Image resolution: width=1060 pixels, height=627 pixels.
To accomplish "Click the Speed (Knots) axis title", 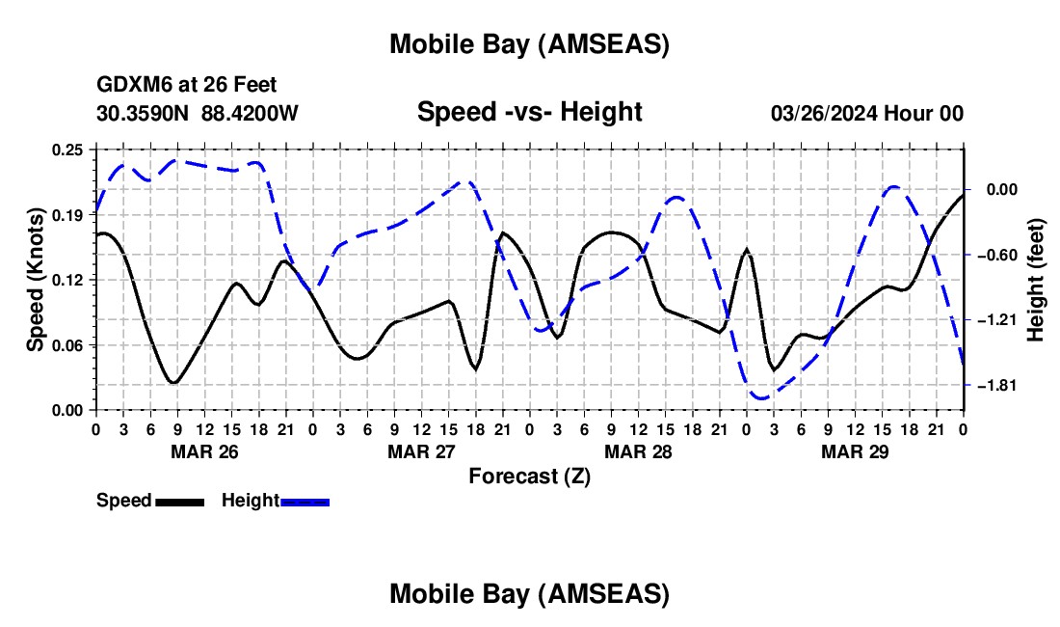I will (x=35, y=279).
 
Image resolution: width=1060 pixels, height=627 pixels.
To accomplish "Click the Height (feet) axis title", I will (x=1036, y=280).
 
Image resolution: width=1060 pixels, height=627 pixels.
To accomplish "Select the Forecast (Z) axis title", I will (x=529, y=476).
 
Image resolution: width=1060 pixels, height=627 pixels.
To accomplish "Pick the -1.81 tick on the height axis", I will (x=992, y=386).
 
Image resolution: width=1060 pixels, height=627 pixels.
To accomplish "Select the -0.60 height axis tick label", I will (x=992, y=256).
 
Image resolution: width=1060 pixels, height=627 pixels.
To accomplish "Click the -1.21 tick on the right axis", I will (x=992, y=320).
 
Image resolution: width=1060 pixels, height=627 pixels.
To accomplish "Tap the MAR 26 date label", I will (x=204, y=451).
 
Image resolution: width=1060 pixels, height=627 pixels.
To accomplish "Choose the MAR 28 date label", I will (x=638, y=451).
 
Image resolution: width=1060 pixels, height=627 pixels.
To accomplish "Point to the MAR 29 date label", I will (x=855, y=451).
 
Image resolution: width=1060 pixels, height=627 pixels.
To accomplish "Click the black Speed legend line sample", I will (x=179, y=501).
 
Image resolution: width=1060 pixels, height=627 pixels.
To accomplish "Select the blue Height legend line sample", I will (x=305, y=501).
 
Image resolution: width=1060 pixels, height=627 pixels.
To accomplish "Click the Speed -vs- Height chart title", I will (x=529, y=112).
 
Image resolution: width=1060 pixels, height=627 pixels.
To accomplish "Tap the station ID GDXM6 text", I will (x=129, y=86).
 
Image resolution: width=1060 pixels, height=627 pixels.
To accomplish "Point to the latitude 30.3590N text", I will (x=143, y=114).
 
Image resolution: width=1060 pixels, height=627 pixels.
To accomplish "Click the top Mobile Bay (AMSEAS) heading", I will (x=529, y=43).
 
